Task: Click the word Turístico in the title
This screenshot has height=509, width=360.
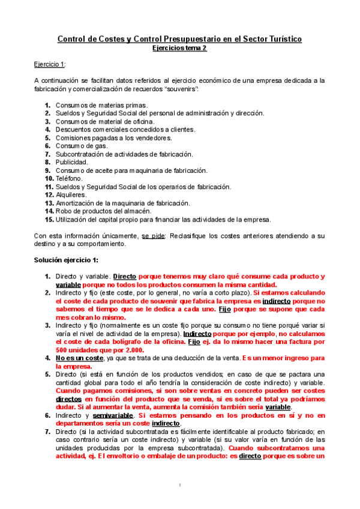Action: coord(281,40)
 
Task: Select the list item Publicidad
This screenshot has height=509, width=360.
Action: coord(71,162)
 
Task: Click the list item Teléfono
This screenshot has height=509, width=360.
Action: coord(70,178)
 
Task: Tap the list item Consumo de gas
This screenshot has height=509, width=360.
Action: coord(82,146)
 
